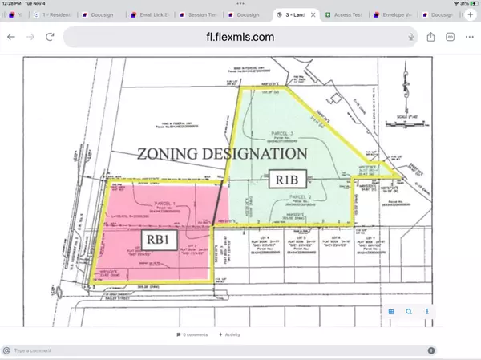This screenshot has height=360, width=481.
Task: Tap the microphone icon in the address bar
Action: point(411,36)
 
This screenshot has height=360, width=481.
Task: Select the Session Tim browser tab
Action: point(199,14)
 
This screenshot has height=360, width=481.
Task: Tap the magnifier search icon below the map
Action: point(409,312)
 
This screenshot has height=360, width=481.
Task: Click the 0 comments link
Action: point(194,334)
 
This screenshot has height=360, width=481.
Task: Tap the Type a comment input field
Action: point(216,350)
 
